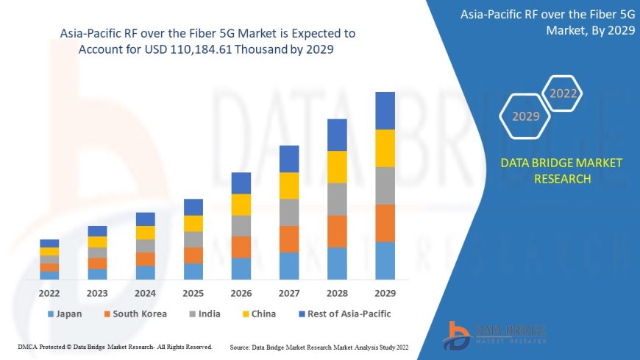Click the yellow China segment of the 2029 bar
coord(385,148)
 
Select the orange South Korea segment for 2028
coord(337,231)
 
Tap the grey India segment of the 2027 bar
coord(289,212)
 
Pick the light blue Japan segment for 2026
coord(241,268)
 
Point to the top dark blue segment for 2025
coord(193,207)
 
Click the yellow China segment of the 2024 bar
coord(146,233)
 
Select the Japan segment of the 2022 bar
coord(49,275)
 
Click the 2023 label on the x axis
coord(97,293)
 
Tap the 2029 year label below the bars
coord(385,293)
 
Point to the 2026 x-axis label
coord(241,293)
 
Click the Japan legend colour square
coord(50,314)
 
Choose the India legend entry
coord(205,314)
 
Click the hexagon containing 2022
coord(563,93)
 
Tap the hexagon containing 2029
coord(525,116)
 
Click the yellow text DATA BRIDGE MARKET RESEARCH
coord(561,170)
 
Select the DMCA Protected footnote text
coord(115,346)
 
